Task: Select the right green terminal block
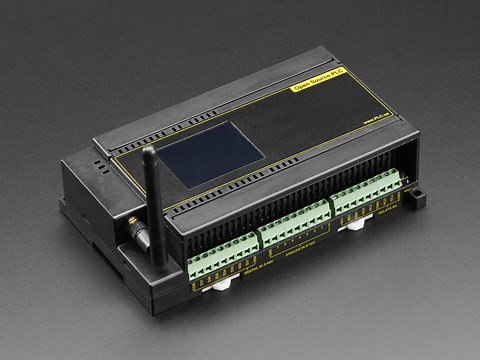[370, 195]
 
